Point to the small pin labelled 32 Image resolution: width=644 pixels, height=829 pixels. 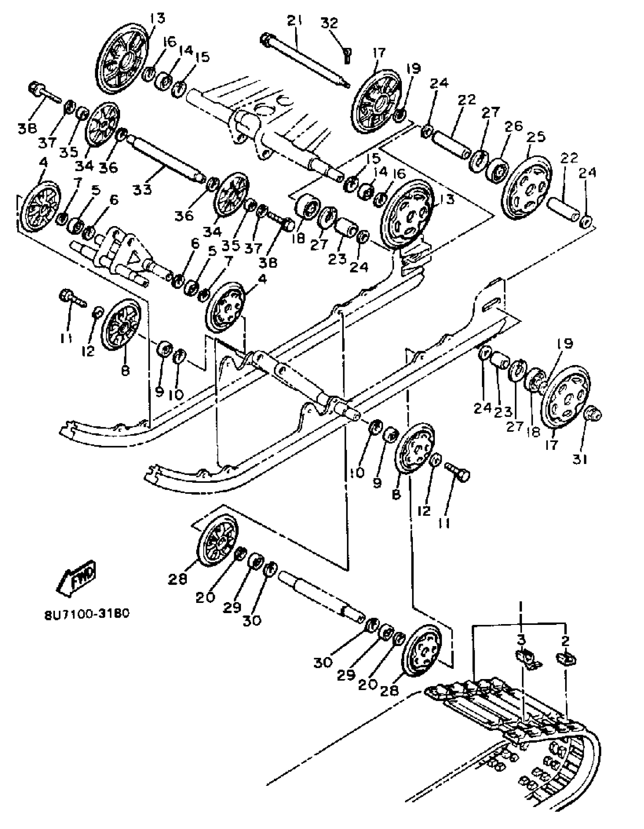347,55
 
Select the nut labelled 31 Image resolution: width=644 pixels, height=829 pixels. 592,414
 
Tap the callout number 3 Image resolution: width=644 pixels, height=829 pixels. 521,640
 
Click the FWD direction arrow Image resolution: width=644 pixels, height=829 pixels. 77,578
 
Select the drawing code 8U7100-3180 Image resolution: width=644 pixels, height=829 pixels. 87,614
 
